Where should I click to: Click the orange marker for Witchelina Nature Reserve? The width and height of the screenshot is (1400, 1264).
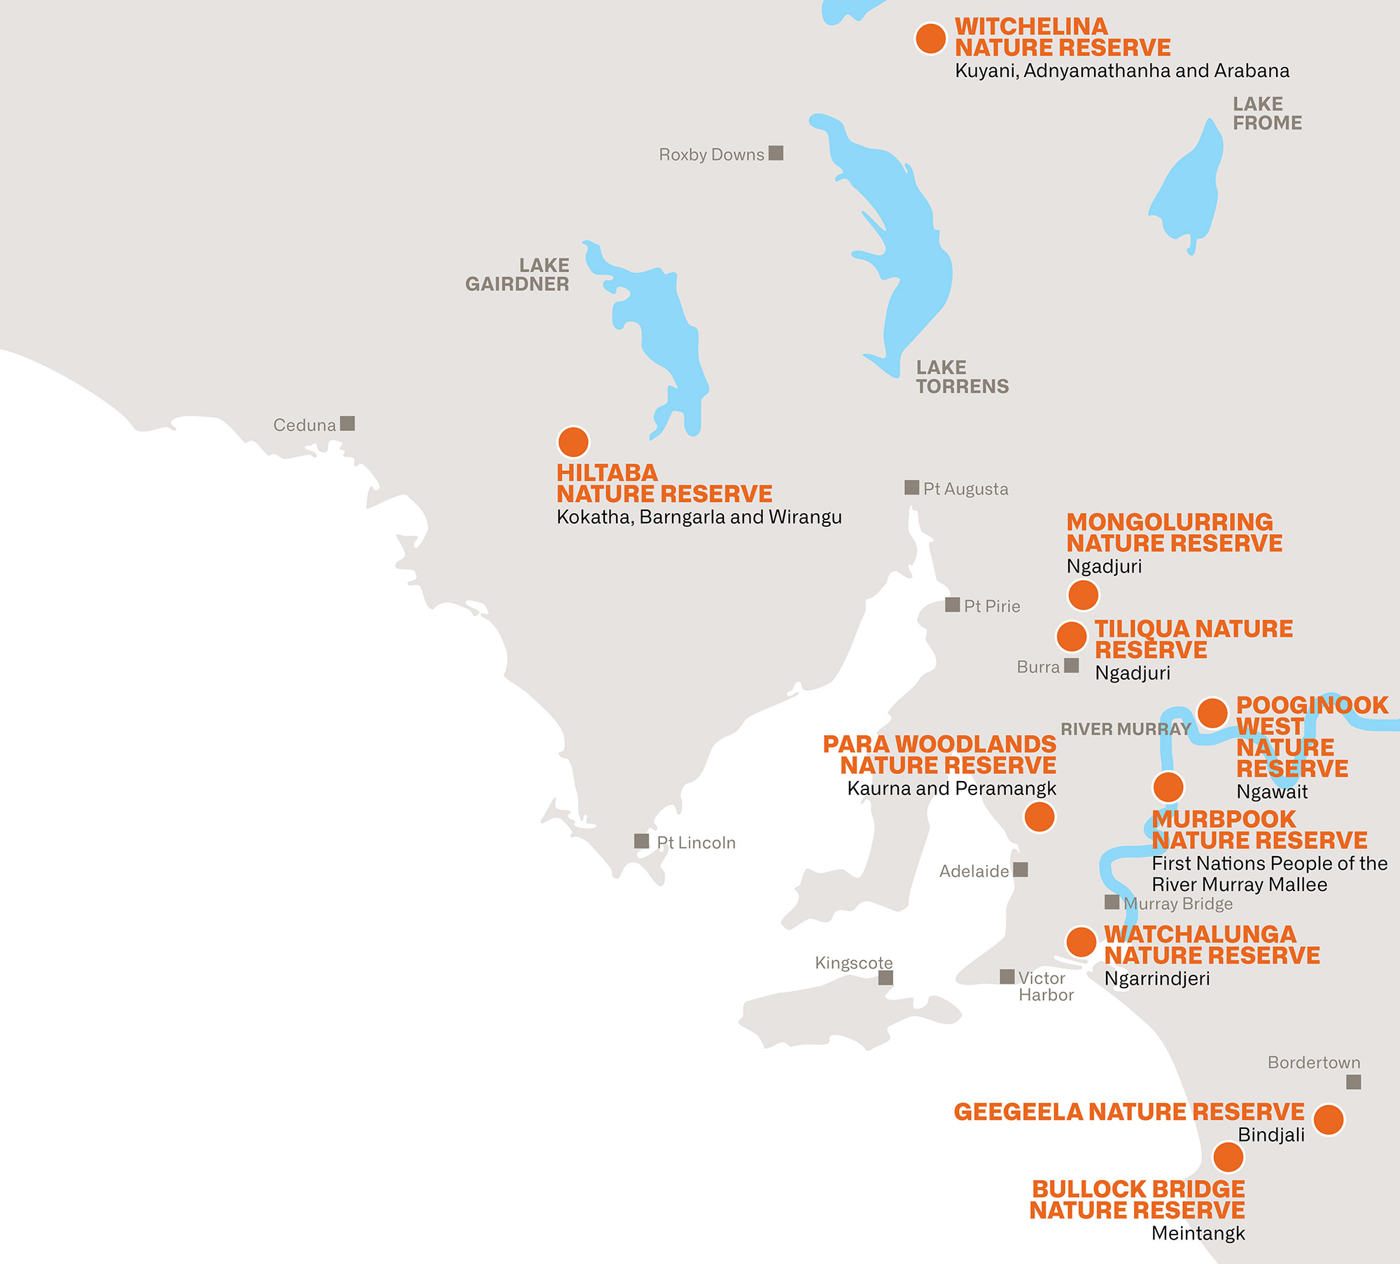[930, 38]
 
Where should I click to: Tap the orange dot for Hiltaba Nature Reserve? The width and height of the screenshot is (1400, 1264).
[573, 442]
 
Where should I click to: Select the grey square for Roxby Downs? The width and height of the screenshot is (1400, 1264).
[776, 153]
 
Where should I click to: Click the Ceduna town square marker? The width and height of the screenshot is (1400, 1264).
[347, 423]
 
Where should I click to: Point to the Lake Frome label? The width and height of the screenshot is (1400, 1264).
[1267, 113]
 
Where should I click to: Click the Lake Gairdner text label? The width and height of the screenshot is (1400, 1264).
[517, 274]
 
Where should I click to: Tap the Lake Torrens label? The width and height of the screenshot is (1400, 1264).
[962, 377]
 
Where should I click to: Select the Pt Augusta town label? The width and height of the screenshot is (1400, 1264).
[965, 489]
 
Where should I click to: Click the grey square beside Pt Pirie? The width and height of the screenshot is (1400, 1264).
[953, 605]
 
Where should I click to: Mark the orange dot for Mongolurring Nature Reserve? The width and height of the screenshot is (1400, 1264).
[1083, 595]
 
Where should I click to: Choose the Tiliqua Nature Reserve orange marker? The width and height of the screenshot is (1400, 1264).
[1072, 636]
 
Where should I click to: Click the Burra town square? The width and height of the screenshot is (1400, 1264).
[1071, 665]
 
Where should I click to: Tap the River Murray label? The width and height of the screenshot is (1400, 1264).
[1126, 729]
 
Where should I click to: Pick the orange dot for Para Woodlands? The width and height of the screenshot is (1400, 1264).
[1039, 817]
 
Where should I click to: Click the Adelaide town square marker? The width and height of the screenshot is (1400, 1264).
[1021, 869]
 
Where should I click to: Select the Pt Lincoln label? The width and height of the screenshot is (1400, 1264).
[696, 843]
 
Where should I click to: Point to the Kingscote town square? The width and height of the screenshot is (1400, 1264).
[885, 978]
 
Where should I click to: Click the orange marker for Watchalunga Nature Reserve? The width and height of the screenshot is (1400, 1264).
[1081, 942]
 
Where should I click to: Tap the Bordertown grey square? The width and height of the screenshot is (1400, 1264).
[1354, 1082]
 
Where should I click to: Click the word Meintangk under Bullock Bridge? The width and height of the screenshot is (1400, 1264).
[1198, 1233]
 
